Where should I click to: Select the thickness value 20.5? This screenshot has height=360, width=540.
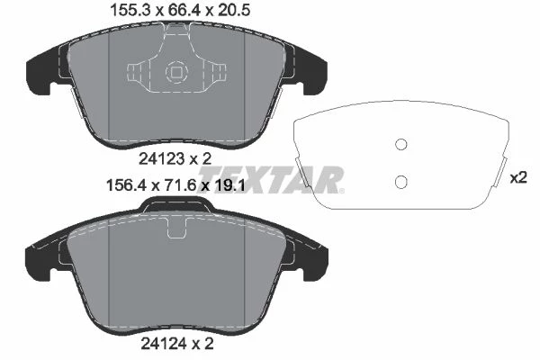tap(233, 11)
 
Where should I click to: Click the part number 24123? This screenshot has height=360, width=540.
tap(161, 158)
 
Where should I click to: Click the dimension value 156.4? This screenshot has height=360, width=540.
tap(126, 185)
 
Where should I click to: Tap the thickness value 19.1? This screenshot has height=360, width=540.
tap(229, 185)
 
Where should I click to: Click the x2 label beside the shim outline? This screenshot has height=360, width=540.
tap(518, 178)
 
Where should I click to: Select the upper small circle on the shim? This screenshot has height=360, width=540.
tap(400, 144)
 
